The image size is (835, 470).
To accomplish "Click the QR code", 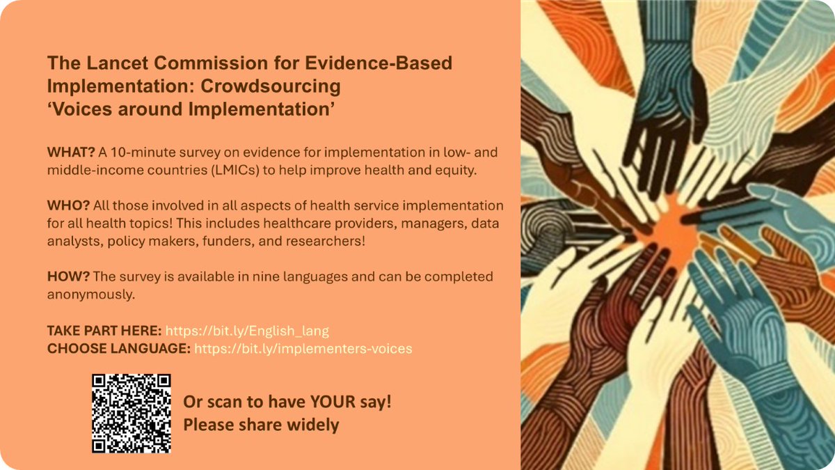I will [132, 413].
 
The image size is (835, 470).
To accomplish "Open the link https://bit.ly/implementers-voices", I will [303, 348].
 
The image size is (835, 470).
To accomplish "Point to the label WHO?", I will [66, 207].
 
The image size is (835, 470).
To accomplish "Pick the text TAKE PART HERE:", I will [104, 331].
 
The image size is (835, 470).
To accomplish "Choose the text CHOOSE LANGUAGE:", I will [118, 348].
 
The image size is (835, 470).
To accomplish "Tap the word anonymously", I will [90, 295].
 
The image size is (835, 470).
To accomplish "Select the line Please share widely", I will [261, 425].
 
